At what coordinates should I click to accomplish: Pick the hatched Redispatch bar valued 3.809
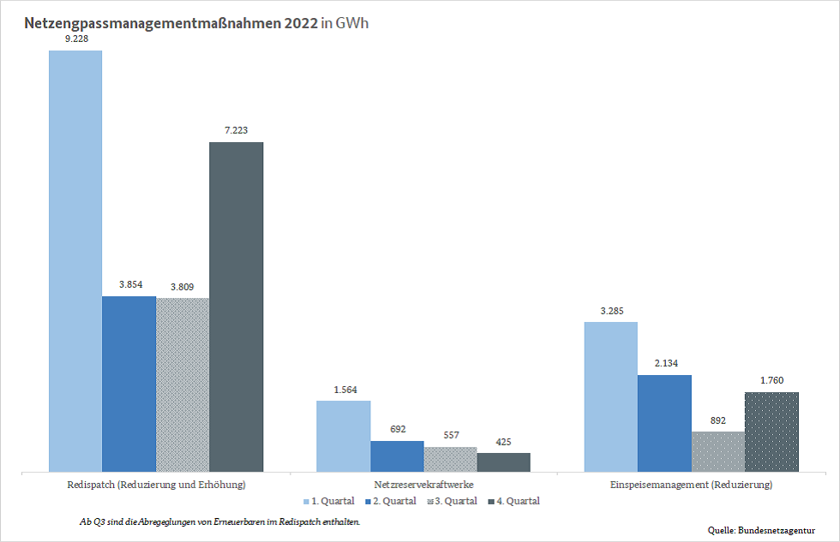pos(183,384)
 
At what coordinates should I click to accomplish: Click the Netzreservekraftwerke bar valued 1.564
pos(343,436)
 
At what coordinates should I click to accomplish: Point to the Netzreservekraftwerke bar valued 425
pos(503,462)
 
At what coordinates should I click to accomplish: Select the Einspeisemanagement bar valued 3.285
pos(610,396)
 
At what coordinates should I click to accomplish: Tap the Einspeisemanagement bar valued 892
pos(718,451)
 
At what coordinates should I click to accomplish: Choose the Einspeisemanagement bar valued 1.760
pos(771,432)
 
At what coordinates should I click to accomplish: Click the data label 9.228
pos(75,39)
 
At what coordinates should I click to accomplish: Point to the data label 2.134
pos(664,364)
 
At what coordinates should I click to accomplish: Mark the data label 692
pos(397,430)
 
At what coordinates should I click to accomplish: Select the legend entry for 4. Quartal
pos(514,501)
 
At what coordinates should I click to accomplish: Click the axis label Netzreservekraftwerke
pos(423,485)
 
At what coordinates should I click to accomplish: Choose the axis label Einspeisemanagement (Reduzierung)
pos(691,485)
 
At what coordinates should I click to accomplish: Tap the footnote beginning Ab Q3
pos(219,521)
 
